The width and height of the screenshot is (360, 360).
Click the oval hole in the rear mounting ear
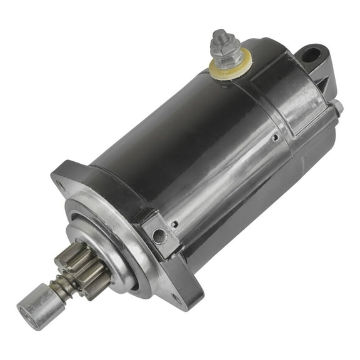[x=312, y=54]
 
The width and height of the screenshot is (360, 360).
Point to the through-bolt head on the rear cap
[x=338, y=107]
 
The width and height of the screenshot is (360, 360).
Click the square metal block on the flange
[x=160, y=234]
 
